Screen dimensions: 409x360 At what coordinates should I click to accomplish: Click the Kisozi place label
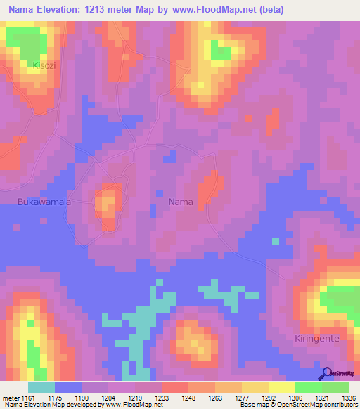click(x=44, y=65)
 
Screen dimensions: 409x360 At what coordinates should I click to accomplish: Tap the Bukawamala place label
click(x=44, y=202)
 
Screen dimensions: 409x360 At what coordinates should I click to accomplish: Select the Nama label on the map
click(x=181, y=202)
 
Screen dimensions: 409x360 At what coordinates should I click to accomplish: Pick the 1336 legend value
click(x=348, y=397)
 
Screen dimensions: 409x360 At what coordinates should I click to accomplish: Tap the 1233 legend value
click(x=162, y=397)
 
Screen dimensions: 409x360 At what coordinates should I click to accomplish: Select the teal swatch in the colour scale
click(x=41, y=387)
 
